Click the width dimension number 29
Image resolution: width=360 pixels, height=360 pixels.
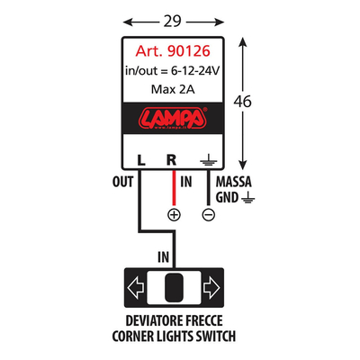pos(172,17)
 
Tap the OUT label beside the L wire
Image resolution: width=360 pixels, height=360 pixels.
pos(124,181)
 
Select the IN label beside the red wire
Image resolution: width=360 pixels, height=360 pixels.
pos(187,181)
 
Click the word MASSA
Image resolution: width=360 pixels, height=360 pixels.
pos(234,181)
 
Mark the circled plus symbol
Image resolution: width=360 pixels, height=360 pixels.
pos(174,214)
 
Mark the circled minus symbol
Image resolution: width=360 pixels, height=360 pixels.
pos(208,214)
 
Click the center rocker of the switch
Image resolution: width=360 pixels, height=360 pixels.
pos(172,289)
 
